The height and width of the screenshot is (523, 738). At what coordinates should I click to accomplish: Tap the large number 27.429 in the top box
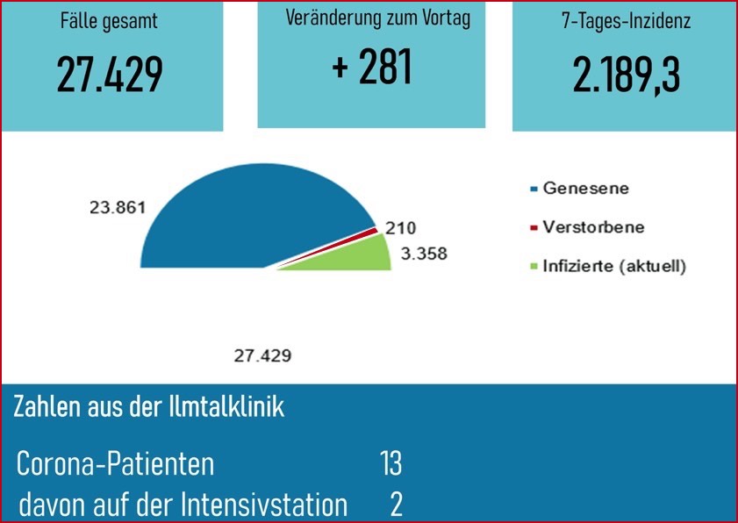pyautogui.click(x=111, y=75)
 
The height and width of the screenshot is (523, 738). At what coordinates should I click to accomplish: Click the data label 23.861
pyautogui.click(x=117, y=208)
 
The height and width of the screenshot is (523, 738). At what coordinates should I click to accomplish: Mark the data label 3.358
pyautogui.click(x=423, y=255)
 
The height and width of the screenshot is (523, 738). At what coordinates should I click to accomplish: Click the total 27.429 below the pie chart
pyautogui.click(x=262, y=356)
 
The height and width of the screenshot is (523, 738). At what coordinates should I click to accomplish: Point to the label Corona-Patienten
pyautogui.click(x=115, y=464)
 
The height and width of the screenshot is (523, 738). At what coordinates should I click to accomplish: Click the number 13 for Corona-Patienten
pyautogui.click(x=390, y=464)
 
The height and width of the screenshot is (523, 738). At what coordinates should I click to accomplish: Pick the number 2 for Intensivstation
pyautogui.click(x=396, y=505)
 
